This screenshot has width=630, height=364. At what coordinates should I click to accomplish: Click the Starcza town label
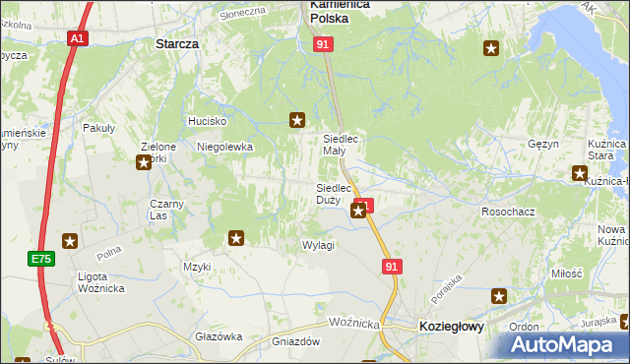(177, 44)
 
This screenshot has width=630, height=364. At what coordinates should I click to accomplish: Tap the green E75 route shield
(39, 259)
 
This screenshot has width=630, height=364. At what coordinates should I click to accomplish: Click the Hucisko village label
(208, 121)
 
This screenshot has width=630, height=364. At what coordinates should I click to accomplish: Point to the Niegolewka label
(225, 147)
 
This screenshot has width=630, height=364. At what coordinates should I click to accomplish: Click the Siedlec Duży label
(334, 194)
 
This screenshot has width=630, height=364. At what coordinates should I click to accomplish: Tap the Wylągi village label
(319, 245)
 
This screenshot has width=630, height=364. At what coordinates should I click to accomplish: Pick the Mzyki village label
(197, 267)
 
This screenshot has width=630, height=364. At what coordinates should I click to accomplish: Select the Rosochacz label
(507, 212)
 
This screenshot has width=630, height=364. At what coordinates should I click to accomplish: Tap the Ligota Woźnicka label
(100, 283)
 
